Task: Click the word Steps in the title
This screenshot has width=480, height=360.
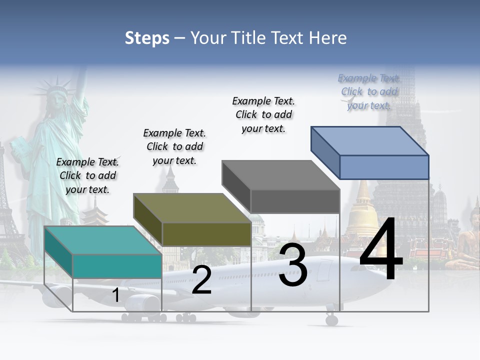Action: (x=147, y=38)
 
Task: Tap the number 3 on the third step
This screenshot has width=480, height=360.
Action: (x=293, y=265)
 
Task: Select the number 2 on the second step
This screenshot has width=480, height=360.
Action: (x=201, y=280)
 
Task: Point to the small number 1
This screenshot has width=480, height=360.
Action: (x=115, y=295)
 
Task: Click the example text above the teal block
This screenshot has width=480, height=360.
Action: (x=88, y=175)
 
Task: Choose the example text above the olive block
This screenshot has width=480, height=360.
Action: (x=174, y=146)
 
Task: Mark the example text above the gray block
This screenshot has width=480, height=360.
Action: (x=263, y=114)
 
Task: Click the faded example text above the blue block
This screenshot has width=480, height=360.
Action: (x=369, y=91)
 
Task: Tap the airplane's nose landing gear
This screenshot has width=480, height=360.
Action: (x=331, y=319)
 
